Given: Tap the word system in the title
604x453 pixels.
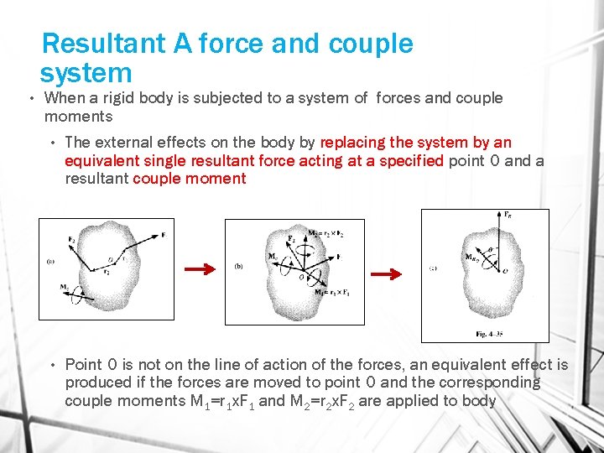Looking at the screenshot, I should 86,73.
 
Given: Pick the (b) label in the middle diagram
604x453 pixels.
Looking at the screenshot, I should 239,267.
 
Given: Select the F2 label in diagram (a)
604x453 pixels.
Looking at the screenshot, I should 73,239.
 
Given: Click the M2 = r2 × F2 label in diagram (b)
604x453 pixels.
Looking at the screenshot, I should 326,233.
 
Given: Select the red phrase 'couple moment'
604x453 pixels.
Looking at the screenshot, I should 190,178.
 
